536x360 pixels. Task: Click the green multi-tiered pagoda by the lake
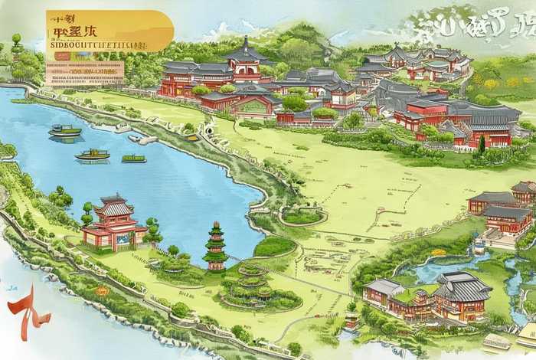pyautogui.click(x=215, y=245)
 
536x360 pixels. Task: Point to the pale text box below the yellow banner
pyautogui.click(x=84, y=72)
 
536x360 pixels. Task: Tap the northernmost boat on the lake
pyautogui.click(x=65, y=130)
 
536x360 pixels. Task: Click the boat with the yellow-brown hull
pyautogui.click(x=92, y=154)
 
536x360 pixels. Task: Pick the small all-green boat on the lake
pyautogui.click(x=133, y=159)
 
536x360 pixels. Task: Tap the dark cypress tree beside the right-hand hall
pyautogui.click(x=481, y=143)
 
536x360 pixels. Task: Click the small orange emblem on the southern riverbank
pyautogui.click(x=102, y=291)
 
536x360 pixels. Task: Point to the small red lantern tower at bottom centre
pyautogui.click(x=351, y=316)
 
